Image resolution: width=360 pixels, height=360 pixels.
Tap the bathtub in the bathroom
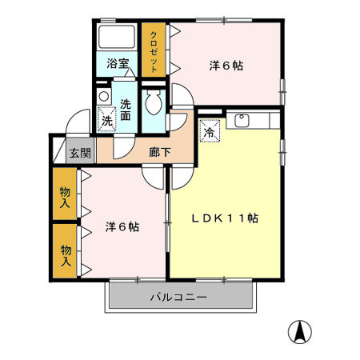118,38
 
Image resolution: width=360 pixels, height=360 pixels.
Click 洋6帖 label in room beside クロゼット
226,66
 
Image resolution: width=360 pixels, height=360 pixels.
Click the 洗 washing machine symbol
106,122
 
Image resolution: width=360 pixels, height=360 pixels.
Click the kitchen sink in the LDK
242,122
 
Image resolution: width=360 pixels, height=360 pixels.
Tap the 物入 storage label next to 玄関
65,196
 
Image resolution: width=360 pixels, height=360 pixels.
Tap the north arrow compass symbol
300,330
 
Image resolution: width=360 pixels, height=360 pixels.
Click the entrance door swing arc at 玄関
78,124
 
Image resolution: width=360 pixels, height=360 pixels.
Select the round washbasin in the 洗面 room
103,97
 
